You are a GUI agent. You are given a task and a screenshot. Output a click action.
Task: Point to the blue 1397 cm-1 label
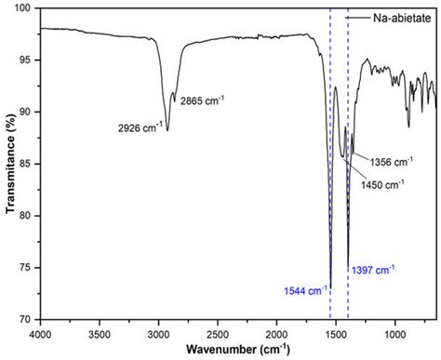373,270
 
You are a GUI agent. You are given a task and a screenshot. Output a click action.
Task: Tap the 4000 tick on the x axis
39,332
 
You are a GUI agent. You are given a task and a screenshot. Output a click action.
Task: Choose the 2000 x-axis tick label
277,332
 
